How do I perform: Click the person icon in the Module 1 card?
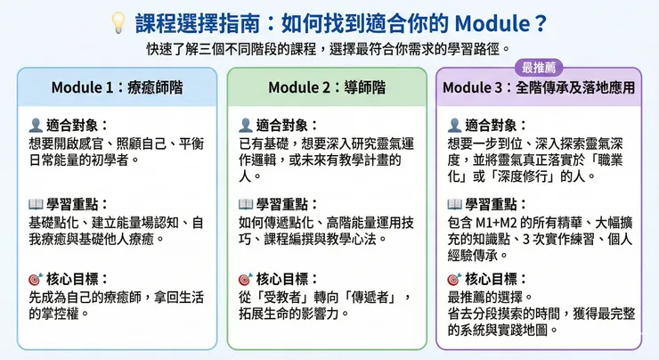click(x=37, y=126)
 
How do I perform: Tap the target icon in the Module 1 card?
click(x=37, y=278)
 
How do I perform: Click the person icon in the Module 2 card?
click(x=245, y=126)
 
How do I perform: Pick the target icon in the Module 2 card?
click(x=245, y=278)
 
